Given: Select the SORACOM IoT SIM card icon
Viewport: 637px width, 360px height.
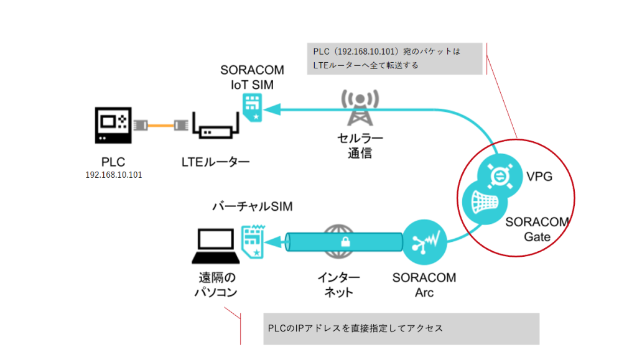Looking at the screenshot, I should click(x=252, y=108).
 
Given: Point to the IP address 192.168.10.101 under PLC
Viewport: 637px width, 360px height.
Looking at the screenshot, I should click(x=114, y=175).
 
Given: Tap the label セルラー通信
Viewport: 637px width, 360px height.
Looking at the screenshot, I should click(x=359, y=145).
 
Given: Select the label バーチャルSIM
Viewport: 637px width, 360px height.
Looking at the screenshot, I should click(x=252, y=206).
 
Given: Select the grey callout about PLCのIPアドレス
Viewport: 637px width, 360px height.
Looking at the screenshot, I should click(x=401, y=328).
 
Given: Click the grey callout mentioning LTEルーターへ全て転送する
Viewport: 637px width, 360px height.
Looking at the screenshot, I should click(x=395, y=58).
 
